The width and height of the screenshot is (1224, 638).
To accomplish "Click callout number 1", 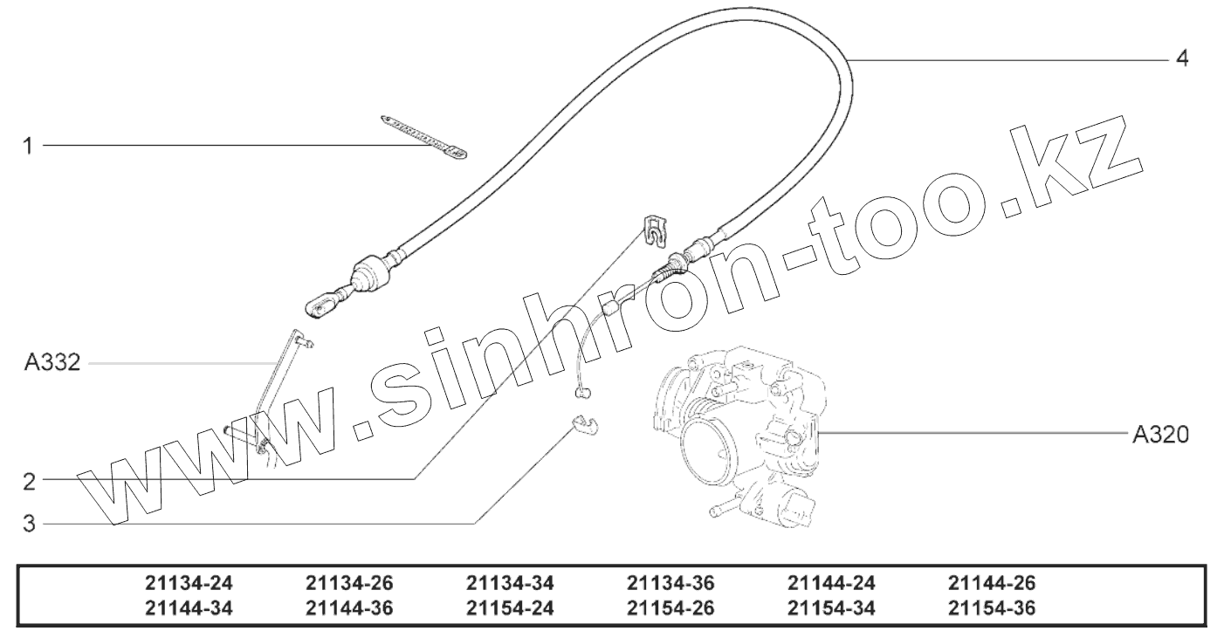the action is [x=28, y=147].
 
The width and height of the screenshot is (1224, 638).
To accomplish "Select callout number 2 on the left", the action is [x=30, y=481].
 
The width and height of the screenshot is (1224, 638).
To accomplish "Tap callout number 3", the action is [x=29, y=524].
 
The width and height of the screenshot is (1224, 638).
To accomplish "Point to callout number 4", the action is [x=1182, y=58].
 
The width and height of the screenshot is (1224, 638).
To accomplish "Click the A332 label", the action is [x=52, y=362].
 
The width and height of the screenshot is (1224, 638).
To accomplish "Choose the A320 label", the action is [x=1160, y=435].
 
